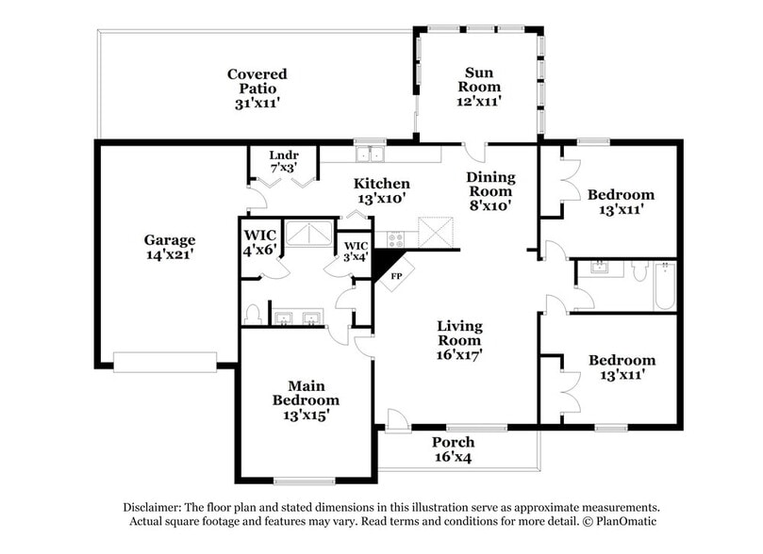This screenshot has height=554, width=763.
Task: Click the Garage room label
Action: coord(170,247)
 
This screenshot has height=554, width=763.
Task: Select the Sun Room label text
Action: coord(480,85)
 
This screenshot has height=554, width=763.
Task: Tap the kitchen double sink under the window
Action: coord(369,154)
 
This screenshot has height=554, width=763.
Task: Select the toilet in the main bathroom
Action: coord(253,313)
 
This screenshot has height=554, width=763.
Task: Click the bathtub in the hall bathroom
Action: coord(664,286)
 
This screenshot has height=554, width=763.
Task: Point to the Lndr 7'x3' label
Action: coord(283,160)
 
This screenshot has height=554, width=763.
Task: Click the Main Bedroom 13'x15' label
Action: coord(306,399)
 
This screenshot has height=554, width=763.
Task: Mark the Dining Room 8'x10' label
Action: coord(489,190)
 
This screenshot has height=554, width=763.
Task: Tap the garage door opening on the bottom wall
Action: coord(164,361)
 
